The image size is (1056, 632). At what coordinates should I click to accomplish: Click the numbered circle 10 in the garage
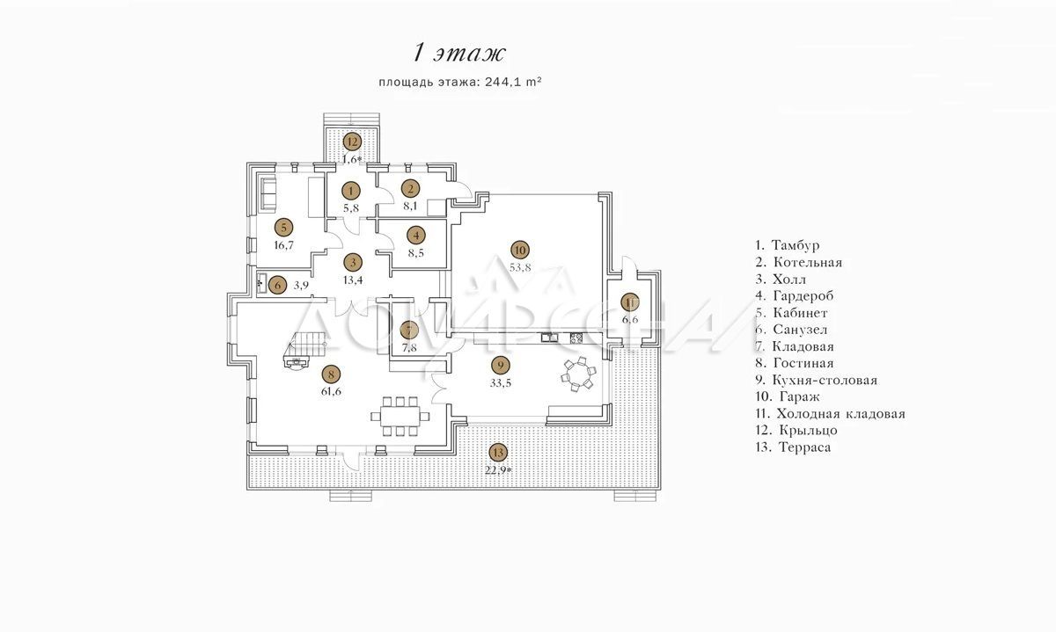pos(520,250)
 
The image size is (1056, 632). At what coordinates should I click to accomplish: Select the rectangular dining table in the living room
pos(400,417)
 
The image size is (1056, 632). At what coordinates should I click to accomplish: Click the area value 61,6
pos(331,391)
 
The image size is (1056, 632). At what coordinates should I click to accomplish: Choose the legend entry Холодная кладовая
pos(830,414)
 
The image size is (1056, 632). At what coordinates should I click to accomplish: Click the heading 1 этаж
pos(459,53)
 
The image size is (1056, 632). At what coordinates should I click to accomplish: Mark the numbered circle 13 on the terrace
pos(498,453)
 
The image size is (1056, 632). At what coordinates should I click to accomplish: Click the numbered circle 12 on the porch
pos(352,142)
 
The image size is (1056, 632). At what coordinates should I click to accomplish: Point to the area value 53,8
pos(520,267)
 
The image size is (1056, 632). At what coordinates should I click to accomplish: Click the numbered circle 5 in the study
pos(283,228)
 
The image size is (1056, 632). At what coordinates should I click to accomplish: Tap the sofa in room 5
pos(268,193)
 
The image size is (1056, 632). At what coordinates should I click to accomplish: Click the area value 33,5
pos(500,383)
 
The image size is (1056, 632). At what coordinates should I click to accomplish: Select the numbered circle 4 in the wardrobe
pos(415,235)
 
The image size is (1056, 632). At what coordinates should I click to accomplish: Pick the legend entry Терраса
pos(793,447)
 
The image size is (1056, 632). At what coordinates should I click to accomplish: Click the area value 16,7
pos(283,245)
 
